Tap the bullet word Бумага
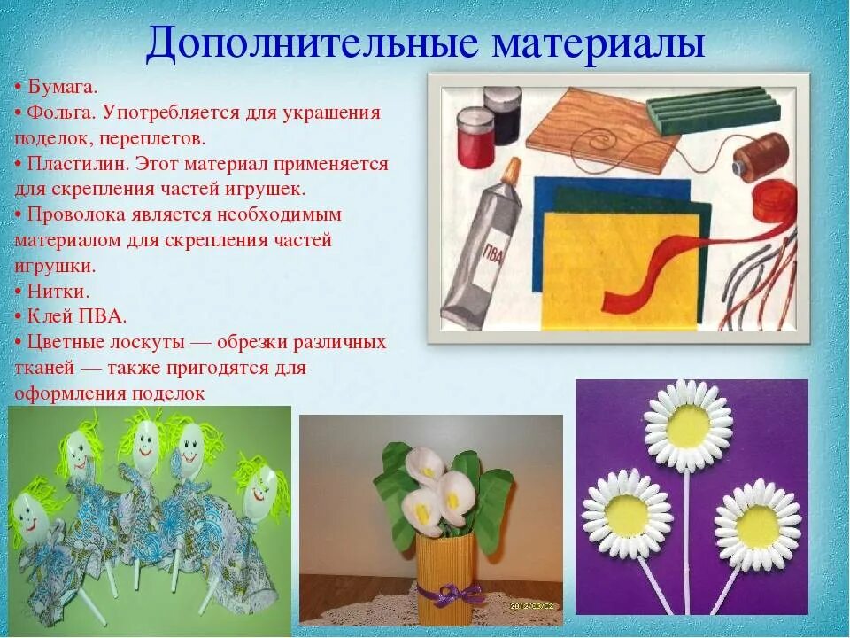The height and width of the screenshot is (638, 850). (x=62, y=87)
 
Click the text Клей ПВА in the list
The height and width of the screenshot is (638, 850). (x=77, y=316)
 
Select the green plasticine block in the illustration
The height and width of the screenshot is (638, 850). (x=712, y=110)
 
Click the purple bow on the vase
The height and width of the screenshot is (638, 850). (x=452, y=592)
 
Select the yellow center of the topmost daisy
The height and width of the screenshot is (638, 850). (x=689, y=426)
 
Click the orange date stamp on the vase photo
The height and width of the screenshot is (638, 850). (x=531, y=606)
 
